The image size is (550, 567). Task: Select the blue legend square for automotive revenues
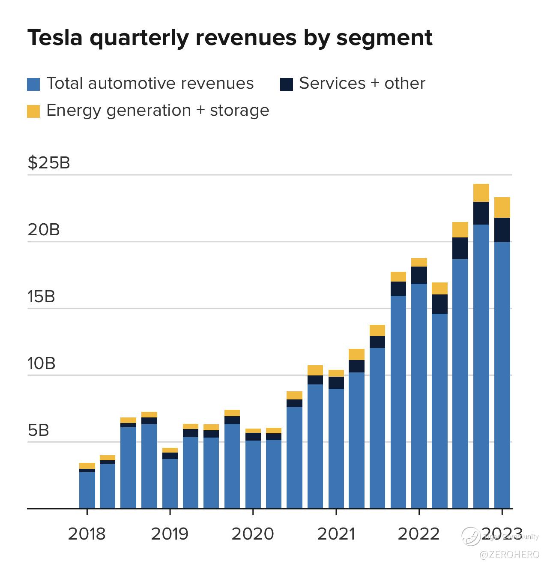[33, 84]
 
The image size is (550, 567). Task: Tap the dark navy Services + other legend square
[286, 84]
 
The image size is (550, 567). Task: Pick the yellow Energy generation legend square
[33, 111]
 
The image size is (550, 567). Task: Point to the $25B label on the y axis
[49, 163]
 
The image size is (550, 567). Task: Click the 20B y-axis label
[44, 230]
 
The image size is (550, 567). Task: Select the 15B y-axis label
[42, 297]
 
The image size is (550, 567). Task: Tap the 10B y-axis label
[42, 363]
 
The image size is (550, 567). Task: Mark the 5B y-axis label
[39, 430]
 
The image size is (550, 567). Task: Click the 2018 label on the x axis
[87, 534]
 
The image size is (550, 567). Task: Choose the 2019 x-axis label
[170, 534]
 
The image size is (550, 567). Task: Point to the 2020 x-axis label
[253, 534]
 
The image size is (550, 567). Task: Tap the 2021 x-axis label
[336, 534]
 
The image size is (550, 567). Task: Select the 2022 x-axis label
[418, 534]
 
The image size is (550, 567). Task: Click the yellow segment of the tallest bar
[481, 193]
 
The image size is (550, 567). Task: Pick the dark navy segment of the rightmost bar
[502, 230]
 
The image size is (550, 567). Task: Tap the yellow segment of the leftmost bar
[87, 466]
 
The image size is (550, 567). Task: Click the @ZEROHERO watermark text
[509, 555]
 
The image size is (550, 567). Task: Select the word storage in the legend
[239, 111]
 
